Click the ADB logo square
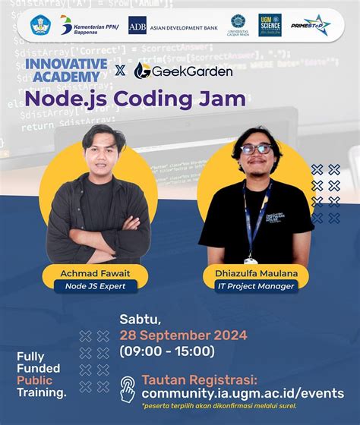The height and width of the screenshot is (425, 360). (x=137, y=26)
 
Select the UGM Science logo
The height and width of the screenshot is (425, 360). (x=270, y=25)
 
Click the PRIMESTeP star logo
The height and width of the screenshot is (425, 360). (x=311, y=25)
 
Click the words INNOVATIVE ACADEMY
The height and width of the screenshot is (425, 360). (x=66, y=70)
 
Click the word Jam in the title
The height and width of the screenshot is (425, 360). (x=222, y=99)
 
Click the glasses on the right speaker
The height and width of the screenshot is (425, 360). (x=256, y=150)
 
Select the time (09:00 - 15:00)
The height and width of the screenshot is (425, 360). (x=167, y=351)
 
